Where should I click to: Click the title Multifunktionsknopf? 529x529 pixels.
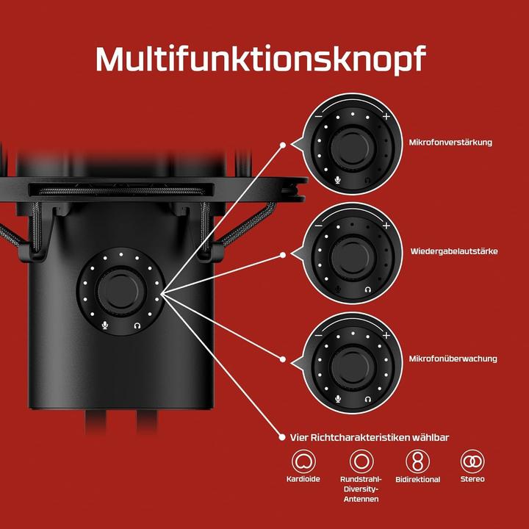tap(261, 60)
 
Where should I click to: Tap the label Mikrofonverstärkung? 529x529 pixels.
tap(450, 143)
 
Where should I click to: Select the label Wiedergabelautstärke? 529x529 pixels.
tap(454, 251)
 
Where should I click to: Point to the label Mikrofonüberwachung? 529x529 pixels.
tap(453, 359)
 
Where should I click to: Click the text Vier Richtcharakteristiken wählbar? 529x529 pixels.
tap(370, 438)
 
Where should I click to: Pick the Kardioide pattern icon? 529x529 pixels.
tap(303, 461)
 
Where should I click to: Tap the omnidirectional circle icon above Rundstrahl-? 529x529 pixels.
tap(361, 461)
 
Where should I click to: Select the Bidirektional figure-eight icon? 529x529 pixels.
tap(417, 461)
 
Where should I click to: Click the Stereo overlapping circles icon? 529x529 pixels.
tap(472, 461)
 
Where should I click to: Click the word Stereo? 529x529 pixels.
tap(472, 479)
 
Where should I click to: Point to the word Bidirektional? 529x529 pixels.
tap(417, 479)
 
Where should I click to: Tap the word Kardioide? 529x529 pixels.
tap(303, 479)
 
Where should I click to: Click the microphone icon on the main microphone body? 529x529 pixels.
tap(105, 325)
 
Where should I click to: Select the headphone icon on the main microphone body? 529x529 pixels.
tap(137, 325)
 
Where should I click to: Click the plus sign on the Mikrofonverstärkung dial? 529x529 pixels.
tap(386, 116)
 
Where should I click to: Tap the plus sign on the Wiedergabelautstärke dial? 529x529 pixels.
tap(386, 226)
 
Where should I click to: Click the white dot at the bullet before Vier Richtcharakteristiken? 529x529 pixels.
tap(282, 437)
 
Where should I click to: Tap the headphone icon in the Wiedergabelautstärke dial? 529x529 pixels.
tap(368, 289)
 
